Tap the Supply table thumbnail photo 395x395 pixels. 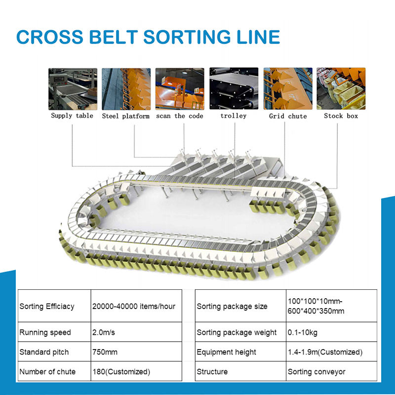[x=72, y=88]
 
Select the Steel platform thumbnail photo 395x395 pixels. [x=126, y=88]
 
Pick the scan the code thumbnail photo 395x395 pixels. [x=180, y=88]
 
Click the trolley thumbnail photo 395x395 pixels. [x=234, y=88]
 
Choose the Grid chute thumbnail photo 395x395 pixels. [x=287, y=88]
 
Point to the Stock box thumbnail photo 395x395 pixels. [x=341, y=88]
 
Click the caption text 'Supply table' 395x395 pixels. [x=72, y=116]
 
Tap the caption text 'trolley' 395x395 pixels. [x=234, y=116]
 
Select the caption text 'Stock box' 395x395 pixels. [x=341, y=116]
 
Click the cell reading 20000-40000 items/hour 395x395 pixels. [x=134, y=306]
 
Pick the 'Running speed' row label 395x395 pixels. [x=45, y=332]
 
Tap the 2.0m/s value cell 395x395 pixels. [x=104, y=332]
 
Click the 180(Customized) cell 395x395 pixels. [x=121, y=371]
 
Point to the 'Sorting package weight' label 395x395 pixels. [x=237, y=332]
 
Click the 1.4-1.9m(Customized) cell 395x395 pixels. [x=325, y=352]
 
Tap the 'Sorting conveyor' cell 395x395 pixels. [x=316, y=371]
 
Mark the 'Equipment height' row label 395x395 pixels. [x=227, y=352]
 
